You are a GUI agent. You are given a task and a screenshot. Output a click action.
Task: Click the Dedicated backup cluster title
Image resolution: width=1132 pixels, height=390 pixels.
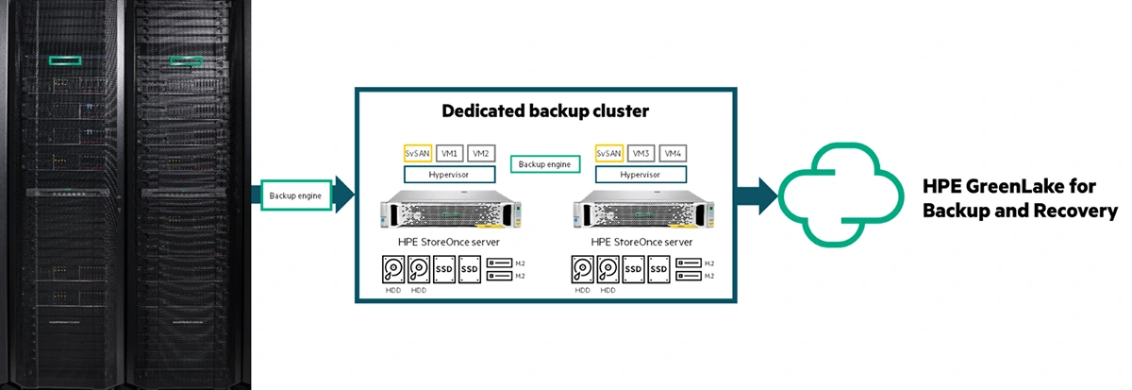point(545,111)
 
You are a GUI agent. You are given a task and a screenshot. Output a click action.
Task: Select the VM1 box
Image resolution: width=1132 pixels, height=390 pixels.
point(450,153)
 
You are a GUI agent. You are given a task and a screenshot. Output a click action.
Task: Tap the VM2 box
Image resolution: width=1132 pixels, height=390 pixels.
point(481,153)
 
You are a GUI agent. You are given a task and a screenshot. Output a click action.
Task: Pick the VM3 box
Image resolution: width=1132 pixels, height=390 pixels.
point(641,153)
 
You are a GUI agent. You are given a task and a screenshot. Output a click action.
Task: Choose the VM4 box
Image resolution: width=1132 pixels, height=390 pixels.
point(673,153)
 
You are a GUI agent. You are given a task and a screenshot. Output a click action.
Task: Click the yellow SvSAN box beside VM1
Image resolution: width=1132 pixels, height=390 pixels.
point(419,153)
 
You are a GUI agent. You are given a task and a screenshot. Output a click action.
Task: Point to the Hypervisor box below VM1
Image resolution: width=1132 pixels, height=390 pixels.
point(450,174)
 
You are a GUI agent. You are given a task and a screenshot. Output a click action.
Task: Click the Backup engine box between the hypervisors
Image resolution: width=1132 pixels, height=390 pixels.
point(545,164)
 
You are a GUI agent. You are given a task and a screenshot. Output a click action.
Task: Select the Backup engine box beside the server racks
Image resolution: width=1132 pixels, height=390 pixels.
point(296,195)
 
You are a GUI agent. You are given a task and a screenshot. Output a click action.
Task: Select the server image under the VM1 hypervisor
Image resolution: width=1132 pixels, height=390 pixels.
point(450,209)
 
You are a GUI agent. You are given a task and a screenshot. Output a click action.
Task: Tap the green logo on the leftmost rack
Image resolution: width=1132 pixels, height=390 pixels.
point(65,60)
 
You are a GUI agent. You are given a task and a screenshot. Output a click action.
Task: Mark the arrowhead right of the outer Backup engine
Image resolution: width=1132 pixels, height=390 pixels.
point(344,195)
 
